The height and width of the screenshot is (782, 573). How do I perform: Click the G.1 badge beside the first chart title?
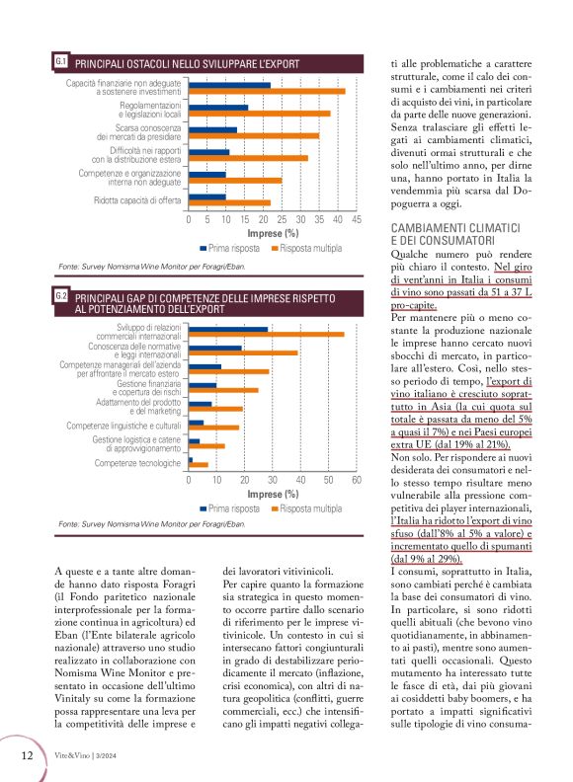tap(61, 61)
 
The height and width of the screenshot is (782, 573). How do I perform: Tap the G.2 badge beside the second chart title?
tap(61, 295)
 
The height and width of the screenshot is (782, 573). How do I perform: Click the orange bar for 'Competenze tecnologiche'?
tap(199, 463)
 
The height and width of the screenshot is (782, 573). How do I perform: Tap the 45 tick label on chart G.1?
tap(357, 220)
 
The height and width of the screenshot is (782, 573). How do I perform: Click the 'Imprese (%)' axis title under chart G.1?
tap(273, 234)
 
